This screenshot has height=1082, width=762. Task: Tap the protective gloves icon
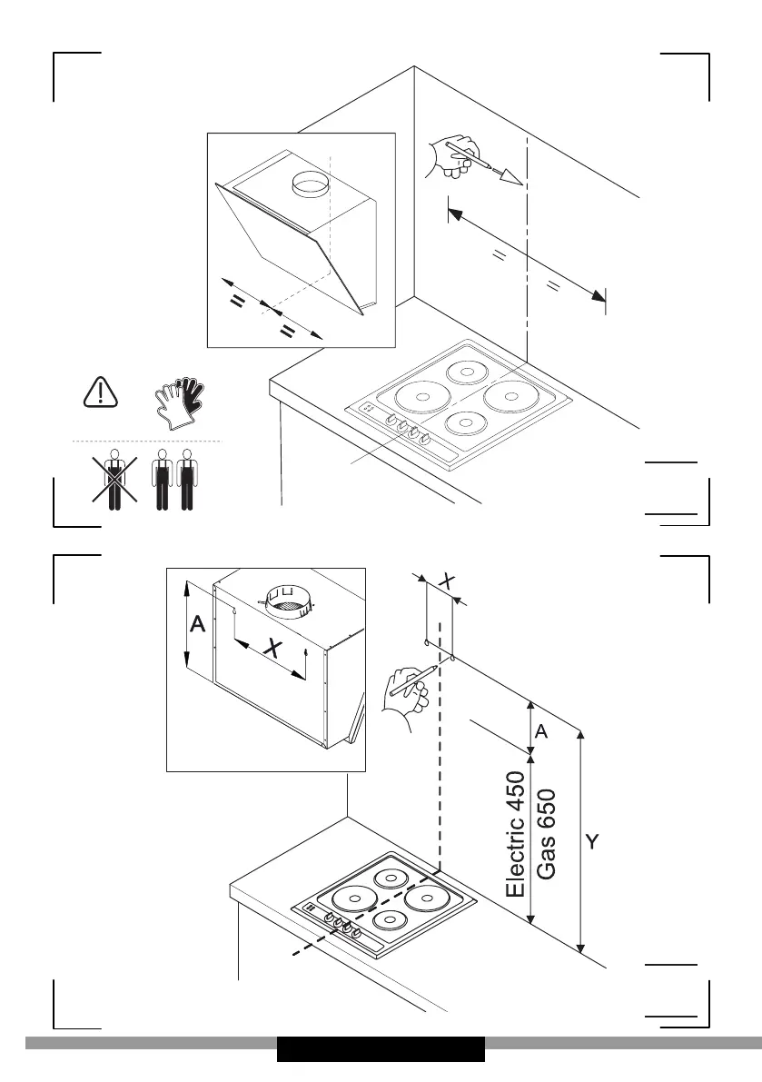point(180,401)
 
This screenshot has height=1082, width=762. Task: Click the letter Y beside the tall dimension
point(591,842)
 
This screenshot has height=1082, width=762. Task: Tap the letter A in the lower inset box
point(197,625)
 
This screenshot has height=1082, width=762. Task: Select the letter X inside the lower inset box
point(271,647)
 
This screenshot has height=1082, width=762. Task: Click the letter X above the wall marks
point(446,580)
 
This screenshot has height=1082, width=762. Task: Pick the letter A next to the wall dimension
point(541,731)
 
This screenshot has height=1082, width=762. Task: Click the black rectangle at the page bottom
point(381,1049)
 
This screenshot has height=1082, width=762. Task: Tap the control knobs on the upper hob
point(405,426)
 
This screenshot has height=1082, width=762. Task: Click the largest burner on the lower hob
point(354,900)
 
